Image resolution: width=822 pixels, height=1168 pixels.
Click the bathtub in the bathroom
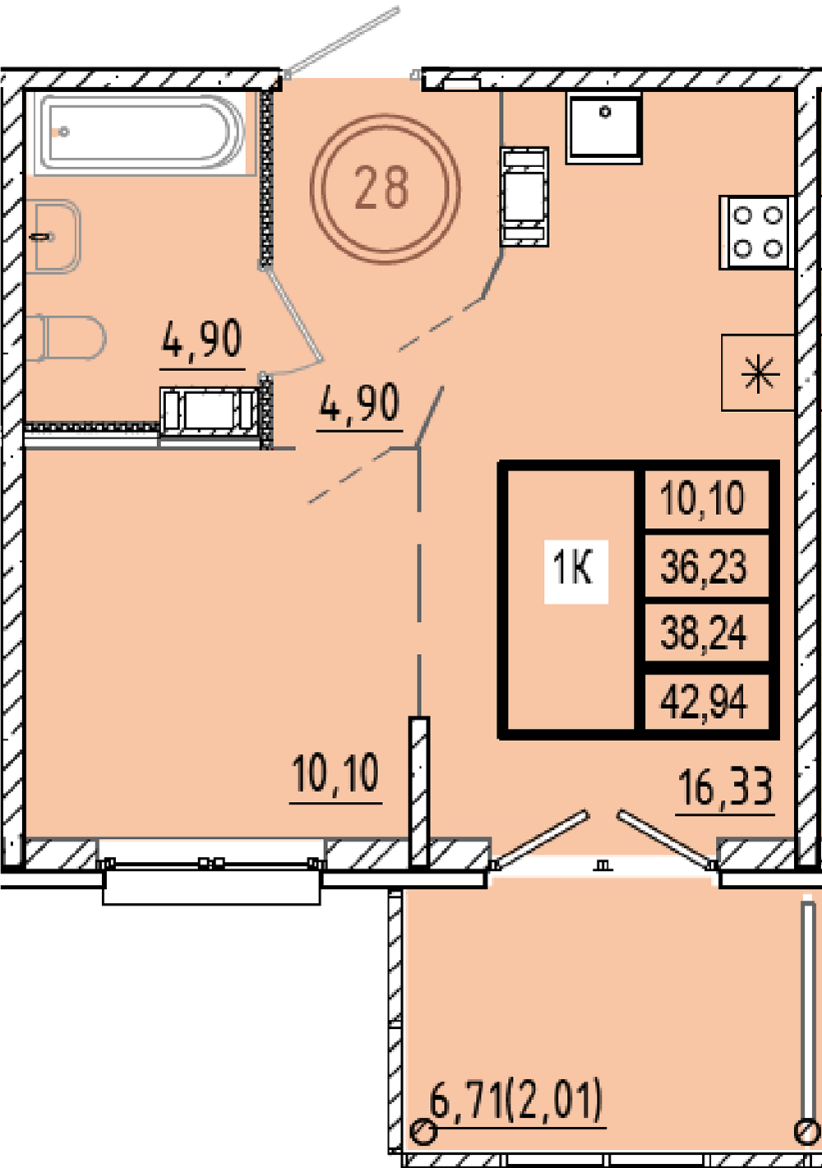[x=140, y=132]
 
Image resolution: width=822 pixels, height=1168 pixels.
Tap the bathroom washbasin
[x=53, y=237]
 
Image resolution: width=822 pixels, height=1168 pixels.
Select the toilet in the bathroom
[x=65, y=338]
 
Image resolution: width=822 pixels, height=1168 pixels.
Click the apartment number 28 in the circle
[x=382, y=188]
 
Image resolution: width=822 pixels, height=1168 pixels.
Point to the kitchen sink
[x=604, y=128]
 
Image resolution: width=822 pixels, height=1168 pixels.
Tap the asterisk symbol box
[x=759, y=373]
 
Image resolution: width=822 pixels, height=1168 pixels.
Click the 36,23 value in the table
[x=703, y=567]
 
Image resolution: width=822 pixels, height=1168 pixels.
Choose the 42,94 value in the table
[x=704, y=702]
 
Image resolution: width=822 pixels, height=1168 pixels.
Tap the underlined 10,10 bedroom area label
[x=335, y=776]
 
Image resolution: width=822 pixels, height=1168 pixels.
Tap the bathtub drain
[x=63, y=132]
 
